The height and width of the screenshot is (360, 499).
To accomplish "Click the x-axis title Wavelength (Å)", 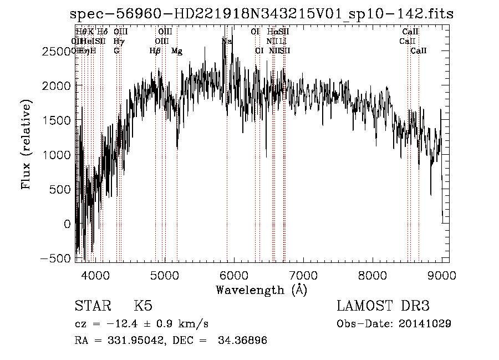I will point(261,290).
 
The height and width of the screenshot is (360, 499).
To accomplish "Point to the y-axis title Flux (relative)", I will point(26,144).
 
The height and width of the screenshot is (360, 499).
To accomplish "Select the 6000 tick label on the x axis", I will point(233,275).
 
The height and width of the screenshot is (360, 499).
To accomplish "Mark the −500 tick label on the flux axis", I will point(57,258).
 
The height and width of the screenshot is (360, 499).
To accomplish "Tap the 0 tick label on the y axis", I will point(68,224).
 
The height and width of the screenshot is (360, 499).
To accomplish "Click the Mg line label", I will point(176,51).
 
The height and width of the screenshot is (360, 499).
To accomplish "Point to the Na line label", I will point(226,41).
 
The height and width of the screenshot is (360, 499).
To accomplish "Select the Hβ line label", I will point(155,51).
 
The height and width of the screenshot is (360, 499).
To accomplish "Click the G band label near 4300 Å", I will point(116,51).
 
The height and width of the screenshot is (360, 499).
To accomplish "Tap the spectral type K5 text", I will point(143,306).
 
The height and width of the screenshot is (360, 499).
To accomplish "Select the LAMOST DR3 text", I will point(383,306).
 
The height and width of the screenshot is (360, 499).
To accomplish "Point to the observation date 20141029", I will point(426,323).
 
